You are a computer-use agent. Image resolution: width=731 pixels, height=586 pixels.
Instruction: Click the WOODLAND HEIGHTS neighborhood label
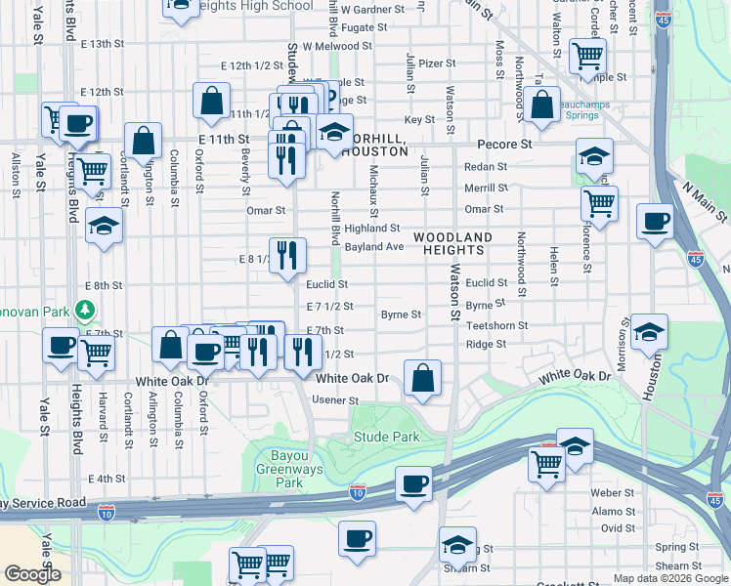[452, 245]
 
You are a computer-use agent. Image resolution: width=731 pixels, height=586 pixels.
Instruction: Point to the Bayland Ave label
[373, 247]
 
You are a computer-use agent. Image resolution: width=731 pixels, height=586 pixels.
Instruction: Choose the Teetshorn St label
[496, 325]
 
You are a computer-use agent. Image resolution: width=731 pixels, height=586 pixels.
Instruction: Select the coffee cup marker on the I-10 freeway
[413, 483]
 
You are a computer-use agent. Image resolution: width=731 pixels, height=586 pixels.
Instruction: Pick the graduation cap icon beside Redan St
[593, 155]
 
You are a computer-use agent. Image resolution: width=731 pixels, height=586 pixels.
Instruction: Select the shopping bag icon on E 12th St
[212, 99]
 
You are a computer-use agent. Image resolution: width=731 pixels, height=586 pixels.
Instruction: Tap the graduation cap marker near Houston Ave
[649, 331]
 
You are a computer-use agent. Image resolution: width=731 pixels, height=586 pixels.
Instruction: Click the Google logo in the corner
[32, 574]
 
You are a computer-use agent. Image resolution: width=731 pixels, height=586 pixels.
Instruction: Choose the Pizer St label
[437, 63]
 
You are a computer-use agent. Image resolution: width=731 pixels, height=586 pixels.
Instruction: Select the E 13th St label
[104, 44]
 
